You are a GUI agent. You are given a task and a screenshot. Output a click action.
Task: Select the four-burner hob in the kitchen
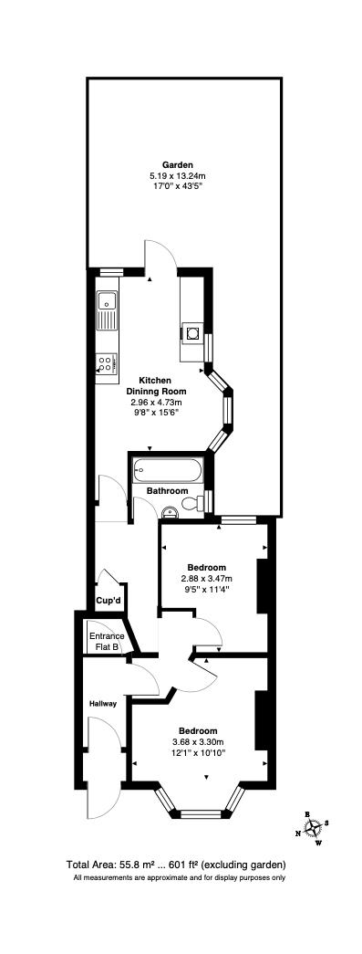[x=106, y=362]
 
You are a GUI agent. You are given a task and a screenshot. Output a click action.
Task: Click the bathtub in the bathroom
[x=166, y=471]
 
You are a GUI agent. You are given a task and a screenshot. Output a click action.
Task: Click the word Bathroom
[x=168, y=491]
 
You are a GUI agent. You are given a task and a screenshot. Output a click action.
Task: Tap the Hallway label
[x=102, y=704]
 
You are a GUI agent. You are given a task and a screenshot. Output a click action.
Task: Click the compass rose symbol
[x=314, y=827]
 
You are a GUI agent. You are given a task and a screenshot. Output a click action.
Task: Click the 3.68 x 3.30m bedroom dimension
[x=198, y=742]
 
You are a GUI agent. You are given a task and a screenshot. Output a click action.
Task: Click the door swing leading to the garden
[x=159, y=257]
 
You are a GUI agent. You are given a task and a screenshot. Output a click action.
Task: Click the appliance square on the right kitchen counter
[x=193, y=332]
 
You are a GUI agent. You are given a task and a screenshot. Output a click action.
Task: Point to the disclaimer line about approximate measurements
[x=180, y=878]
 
